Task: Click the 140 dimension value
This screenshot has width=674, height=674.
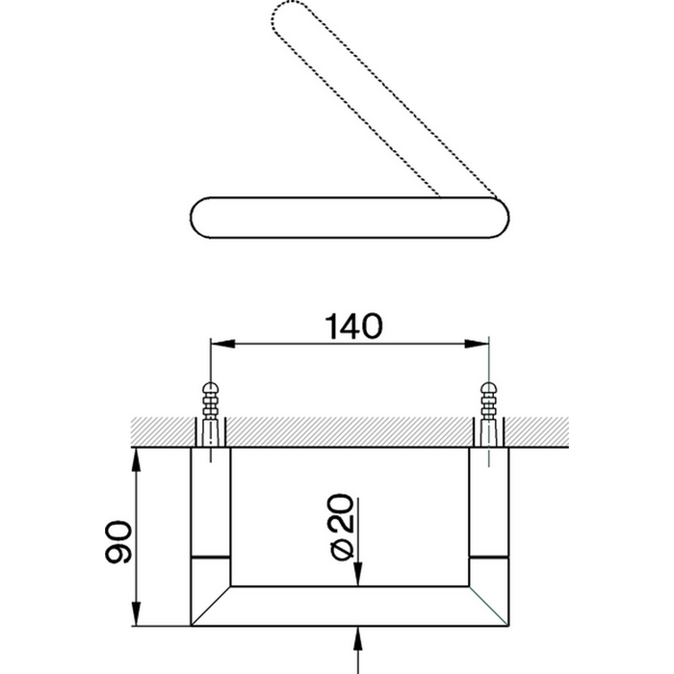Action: click(x=353, y=326)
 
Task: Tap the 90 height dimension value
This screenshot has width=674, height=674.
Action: click(x=117, y=541)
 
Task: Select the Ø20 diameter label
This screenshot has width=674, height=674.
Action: click(x=343, y=528)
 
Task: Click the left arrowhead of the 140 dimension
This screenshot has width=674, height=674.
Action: click(x=222, y=344)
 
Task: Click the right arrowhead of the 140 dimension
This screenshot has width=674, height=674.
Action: click(x=478, y=344)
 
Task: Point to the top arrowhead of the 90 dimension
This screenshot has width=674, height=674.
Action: click(x=136, y=460)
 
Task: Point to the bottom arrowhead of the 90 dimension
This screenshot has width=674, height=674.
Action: click(x=136, y=613)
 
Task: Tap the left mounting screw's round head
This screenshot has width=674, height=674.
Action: click(x=210, y=388)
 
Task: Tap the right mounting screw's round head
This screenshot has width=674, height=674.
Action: click(x=489, y=388)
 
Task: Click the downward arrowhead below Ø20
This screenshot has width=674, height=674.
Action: click(x=358, y=574)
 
